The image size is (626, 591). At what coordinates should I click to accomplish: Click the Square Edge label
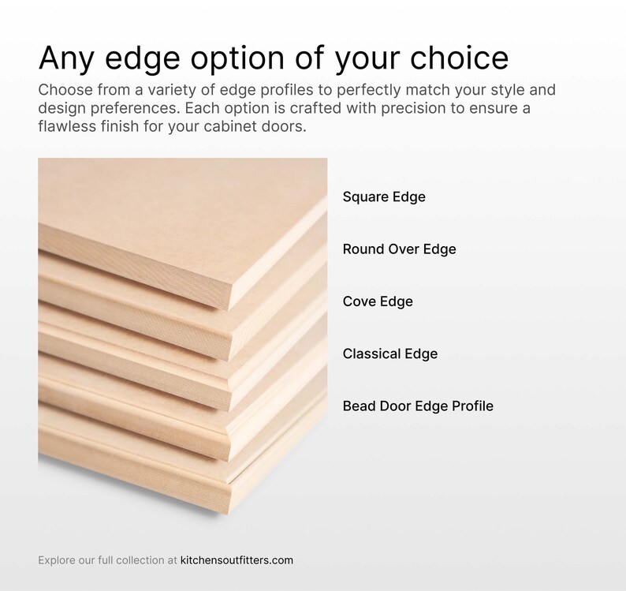(x=384, y=196)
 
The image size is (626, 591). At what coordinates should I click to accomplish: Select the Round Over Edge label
(x=399, y=249)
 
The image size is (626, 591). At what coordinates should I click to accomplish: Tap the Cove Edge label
(x=378, y=301)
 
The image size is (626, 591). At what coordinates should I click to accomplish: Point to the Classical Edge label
(x=389, y=353)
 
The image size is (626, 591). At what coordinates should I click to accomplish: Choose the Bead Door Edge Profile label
(x=418, y=406)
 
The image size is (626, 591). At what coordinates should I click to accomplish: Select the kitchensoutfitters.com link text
(x=237, y=560)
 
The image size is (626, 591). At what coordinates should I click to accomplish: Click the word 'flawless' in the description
(x=67, y=126)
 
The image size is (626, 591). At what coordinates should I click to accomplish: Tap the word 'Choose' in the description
(x=65, y=89)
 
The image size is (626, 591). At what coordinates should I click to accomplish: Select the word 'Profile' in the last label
(x=472, y=406)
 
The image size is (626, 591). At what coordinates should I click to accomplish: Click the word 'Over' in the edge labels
(x=403, y=249)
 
